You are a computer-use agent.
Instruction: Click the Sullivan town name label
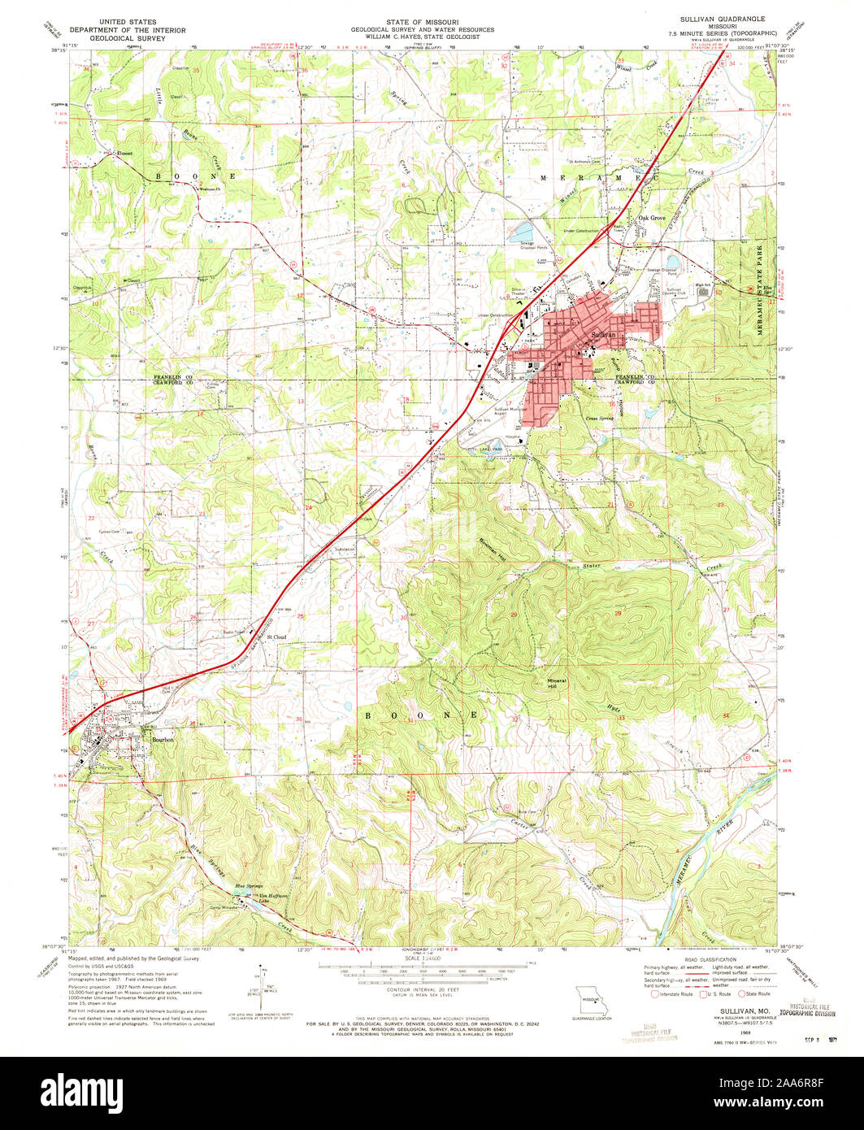(x=604, y=334)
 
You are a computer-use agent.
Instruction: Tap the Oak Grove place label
(x=651, y=218)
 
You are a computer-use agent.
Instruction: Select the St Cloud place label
(x=278, y=637)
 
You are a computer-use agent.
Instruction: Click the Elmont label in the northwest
(x=124, y=153)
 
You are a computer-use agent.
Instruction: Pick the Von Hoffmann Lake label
(x=251, y=898)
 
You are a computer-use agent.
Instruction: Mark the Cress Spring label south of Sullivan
(x=599, y=419)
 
